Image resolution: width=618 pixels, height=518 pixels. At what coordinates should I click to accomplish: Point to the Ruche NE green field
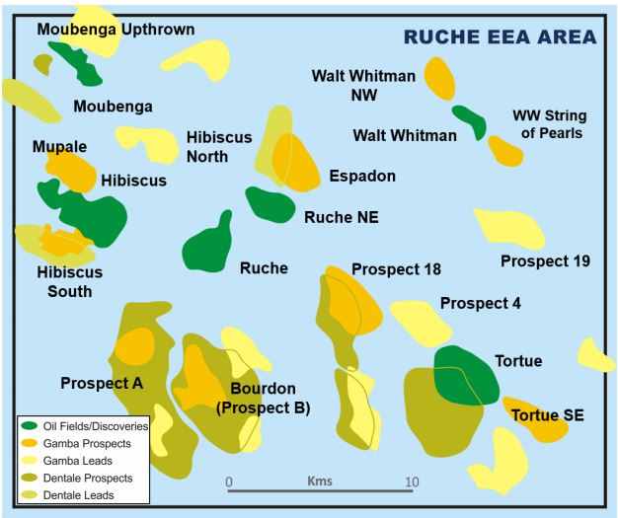[x=270, y=204]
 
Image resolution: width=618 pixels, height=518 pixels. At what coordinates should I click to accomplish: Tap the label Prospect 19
[x=545, y=261]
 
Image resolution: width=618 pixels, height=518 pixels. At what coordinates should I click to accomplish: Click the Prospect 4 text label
[x=480, y=303]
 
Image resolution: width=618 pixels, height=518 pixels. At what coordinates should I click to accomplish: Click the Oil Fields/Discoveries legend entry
[x=84, y=426]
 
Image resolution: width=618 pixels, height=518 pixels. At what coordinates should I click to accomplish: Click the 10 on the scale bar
[x=410, y=481]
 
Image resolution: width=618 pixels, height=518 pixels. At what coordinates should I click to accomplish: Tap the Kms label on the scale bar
[x=319, y=481]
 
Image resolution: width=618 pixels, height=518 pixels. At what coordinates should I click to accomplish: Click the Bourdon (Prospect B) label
[x=263, y=398]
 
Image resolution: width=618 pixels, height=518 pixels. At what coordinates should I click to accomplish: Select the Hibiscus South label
[x=69, y=281]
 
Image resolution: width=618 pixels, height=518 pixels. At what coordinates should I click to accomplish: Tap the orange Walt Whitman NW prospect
[x=439, y=78]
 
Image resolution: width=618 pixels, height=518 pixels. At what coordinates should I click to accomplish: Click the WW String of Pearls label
[x=547, y=124]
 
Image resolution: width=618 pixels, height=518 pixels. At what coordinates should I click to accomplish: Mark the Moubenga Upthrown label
[x=116, y=30]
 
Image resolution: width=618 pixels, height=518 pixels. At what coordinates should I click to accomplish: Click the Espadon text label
[x=363, y=176]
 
